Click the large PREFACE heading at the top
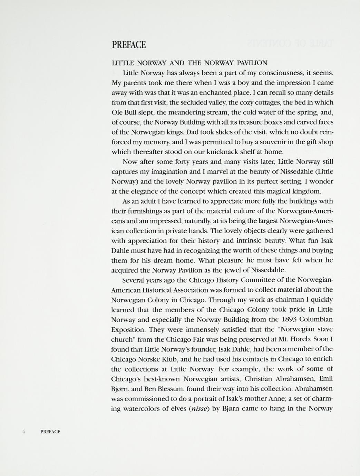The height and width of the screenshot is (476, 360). coord(129,45)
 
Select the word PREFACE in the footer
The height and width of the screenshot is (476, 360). coord(50,432)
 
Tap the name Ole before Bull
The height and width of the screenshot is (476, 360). coord(118,112)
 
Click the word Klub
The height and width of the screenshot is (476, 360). coord(173,359)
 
